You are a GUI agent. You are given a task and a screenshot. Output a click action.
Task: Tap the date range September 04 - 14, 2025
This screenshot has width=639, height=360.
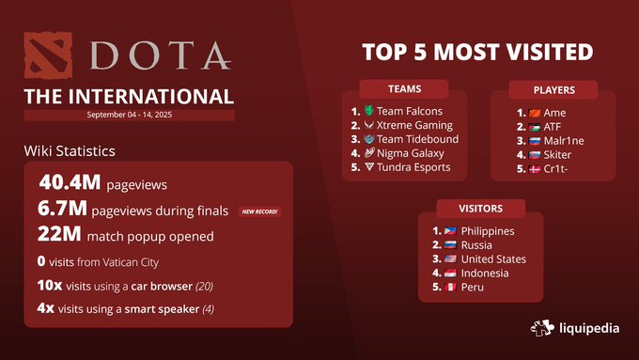129,115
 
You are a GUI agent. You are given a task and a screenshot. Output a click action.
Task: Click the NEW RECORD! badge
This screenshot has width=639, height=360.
260,211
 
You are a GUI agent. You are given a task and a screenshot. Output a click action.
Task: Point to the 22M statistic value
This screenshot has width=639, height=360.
59,236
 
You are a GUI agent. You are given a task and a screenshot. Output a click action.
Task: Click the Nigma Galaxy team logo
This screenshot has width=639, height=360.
368,153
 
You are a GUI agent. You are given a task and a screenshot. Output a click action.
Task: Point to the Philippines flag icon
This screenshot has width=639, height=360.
452,231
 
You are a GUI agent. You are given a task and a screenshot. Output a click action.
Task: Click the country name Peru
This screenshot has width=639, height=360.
473,287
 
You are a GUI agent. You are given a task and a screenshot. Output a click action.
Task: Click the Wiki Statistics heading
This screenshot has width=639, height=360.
70,150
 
